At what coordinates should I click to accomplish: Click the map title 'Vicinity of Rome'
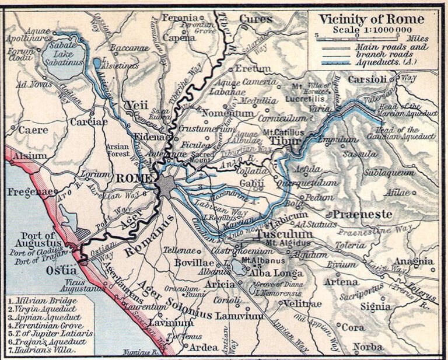(x=372, y=19)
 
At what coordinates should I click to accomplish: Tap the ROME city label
(x=135, y=178)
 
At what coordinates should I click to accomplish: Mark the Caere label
(x=33, y=130)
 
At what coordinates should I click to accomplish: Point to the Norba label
(x=369, y=346)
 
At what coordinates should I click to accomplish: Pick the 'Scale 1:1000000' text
(x=371, y=30)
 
